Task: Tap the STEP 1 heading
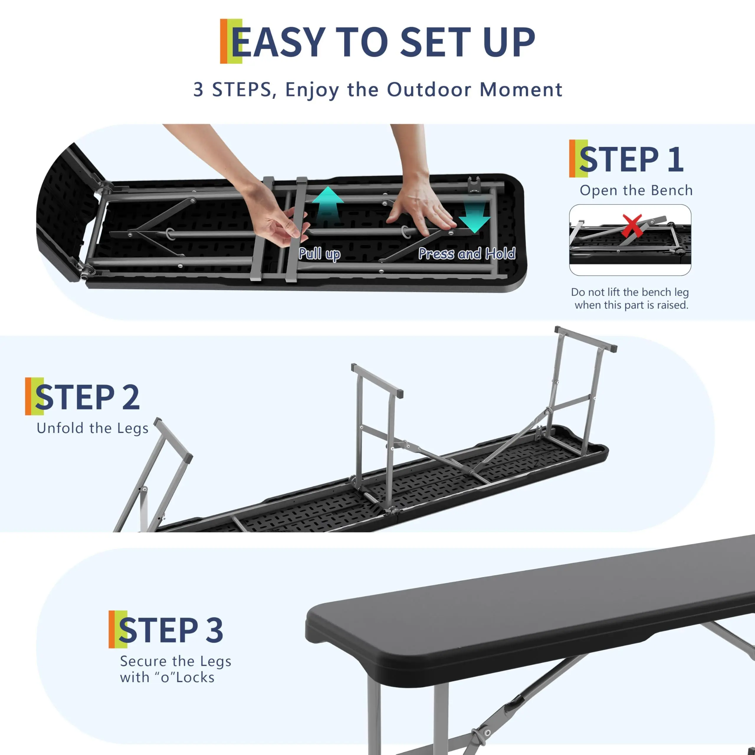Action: (x=631, y=159)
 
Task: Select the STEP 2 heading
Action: (x=87, y=397)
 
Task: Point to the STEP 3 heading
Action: (x=171, y=630)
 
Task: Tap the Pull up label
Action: (x=319, y=254)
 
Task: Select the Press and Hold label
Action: (x=467, y=254)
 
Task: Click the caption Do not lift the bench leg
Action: (x=630, y=292)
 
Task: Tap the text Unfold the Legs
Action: (x=93, y=428)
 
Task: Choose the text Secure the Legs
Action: (x=175, y=661)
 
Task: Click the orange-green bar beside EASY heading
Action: (x=231, y=41)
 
